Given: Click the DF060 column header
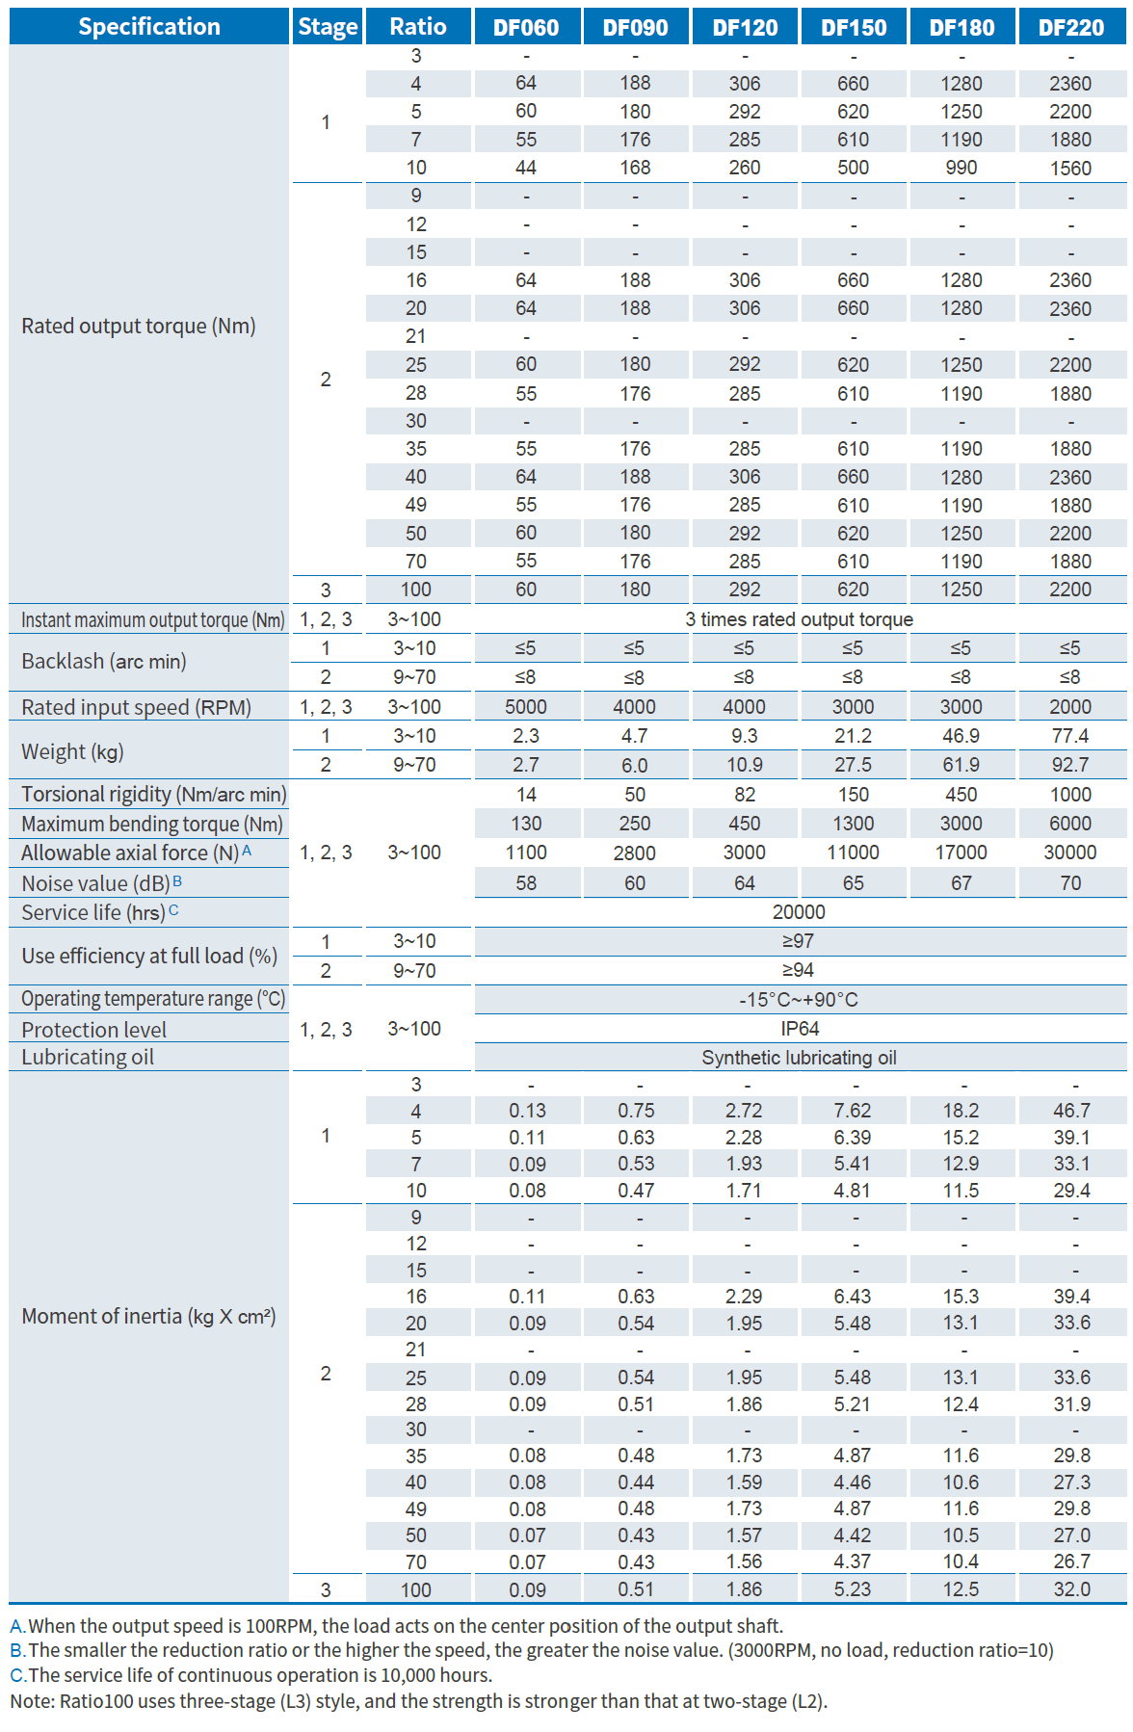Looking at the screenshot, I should click(x=526, y=27).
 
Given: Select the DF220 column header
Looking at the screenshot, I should click(x=1070, y=27).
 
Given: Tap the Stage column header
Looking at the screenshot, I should click(x=327, y=27).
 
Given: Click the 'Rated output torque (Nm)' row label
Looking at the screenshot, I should click(x=138, y=326).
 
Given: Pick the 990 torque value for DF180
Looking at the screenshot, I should click(x=961, y=168).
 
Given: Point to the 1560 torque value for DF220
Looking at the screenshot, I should click(x=1070, y=168).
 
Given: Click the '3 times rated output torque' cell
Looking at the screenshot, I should click(x=799, y=619).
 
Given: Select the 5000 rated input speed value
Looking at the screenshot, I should click(x=526, y=707).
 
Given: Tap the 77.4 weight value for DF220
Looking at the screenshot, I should click(x=1070, y=736).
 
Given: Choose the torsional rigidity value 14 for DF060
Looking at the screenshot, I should click(x=526, y=795).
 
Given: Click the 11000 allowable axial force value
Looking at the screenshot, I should click(x=853, y=853).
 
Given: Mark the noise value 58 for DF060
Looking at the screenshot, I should click(x=526, y=883).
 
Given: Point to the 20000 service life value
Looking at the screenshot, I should click(x=799, y=912).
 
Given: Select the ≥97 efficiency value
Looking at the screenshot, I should click(x=799, y=941).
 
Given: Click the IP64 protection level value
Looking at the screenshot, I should click(x=799, y=1029).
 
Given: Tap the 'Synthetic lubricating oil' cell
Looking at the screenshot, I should click(x=799, y=1058).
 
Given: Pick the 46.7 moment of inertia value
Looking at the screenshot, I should click(x=1071, y=1111).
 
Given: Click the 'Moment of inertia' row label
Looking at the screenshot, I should click(x=148, y=1316).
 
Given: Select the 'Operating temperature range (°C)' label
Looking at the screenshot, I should click(x=153, y=999).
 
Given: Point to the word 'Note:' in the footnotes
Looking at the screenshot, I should click(x=32, y=1701).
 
